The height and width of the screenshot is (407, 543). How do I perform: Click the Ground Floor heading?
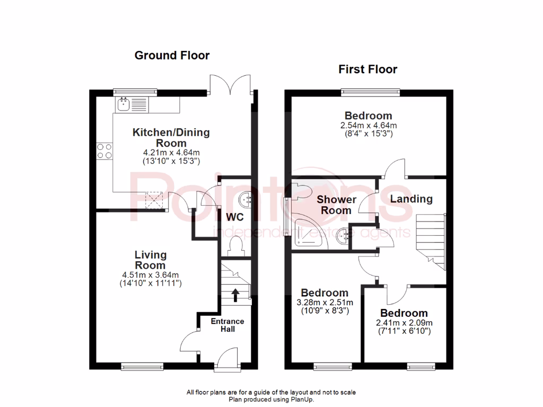(172, 55)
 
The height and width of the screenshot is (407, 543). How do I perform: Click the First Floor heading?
(368, 69)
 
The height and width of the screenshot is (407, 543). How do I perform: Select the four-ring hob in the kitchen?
(104, 151)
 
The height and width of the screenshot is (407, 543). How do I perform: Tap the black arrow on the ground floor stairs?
(234, 294)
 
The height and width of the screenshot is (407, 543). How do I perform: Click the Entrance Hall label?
(227, 325)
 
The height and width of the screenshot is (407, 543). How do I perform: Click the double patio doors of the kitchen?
(231, 85)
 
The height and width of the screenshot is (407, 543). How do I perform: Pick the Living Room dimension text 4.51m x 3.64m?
(151, 275)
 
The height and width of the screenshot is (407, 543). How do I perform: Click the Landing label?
(411, 199)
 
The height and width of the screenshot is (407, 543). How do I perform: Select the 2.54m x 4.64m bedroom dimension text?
(368, 126)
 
